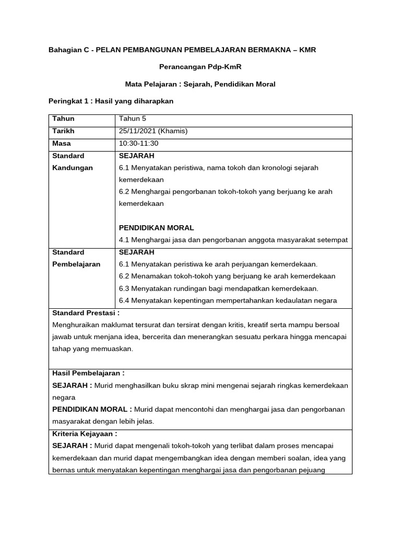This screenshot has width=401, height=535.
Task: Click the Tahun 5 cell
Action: click(x=133, y=119)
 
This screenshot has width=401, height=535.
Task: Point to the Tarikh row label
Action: click(x=63, y=131)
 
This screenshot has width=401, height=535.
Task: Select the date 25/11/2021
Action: click(x=138, y=131)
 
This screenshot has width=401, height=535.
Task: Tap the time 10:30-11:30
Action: click(x=138, y=143)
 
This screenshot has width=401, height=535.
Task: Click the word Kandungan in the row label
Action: click(x=73, y=168)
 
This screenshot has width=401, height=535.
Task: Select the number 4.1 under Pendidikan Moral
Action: click(x=124, y=240)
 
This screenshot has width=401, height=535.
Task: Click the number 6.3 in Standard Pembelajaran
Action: click(x=124, y=288)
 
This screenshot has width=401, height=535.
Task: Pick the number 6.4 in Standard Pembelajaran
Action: click(x=124, y=300)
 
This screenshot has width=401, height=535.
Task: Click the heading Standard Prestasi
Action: click(x=86, y=313)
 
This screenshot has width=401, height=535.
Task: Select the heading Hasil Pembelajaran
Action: click(x=88, y=373)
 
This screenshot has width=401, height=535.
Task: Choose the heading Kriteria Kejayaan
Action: click(x=85, y=433)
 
